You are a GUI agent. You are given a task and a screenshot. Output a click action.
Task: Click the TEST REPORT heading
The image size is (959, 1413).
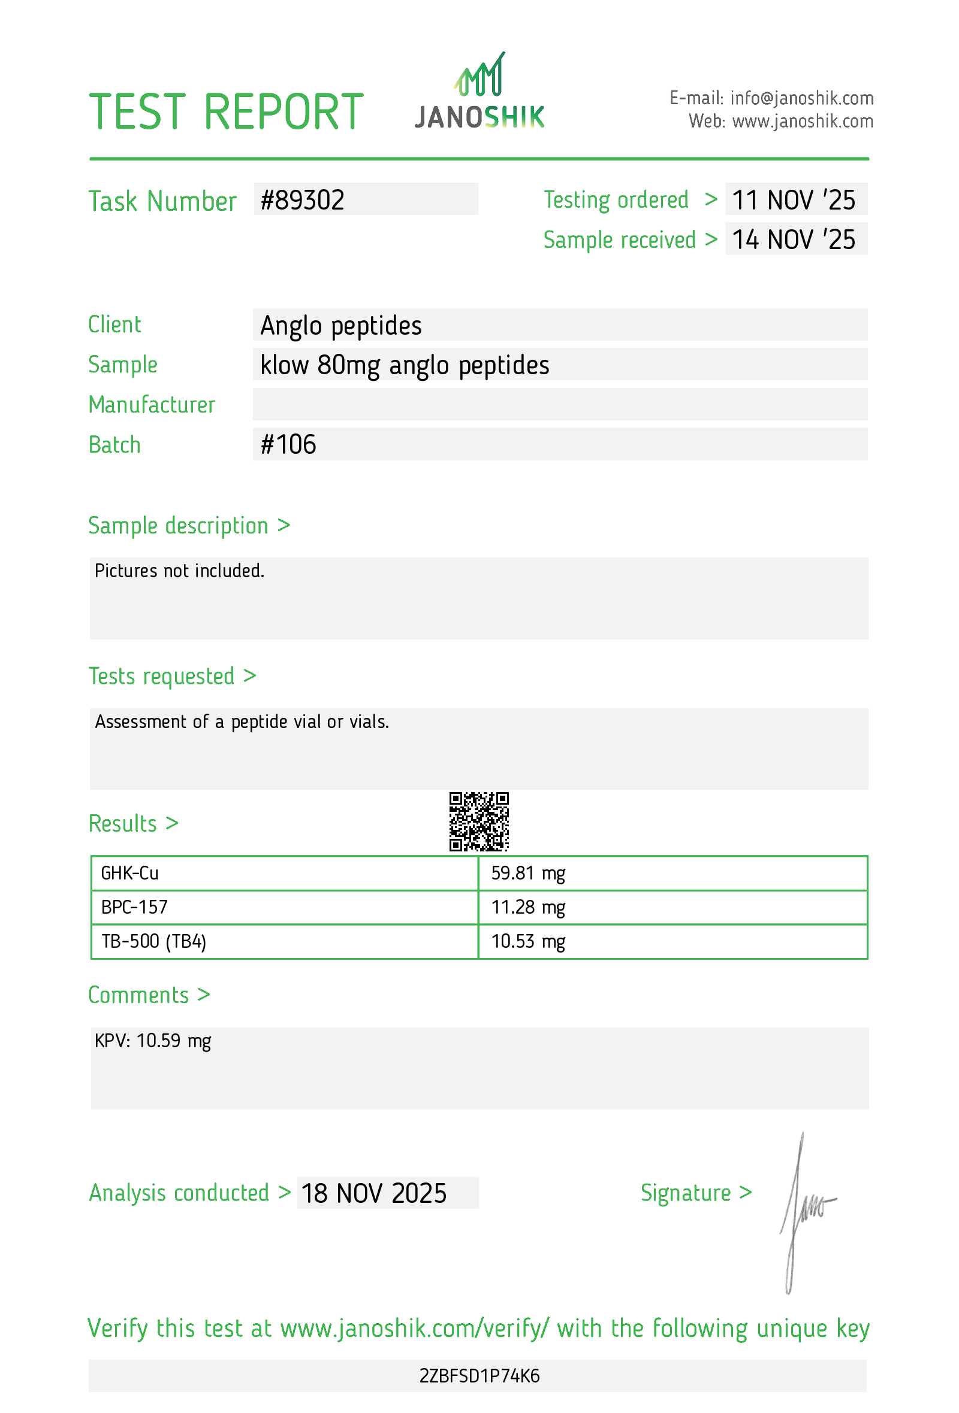pyautogui.click(x=226, y=112)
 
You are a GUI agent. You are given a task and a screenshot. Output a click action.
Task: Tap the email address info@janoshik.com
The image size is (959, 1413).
pyautogui.click(x=801, y=98)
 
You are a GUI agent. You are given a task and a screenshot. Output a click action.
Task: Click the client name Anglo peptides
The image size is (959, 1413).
pyautogui.click(x=341, y=325)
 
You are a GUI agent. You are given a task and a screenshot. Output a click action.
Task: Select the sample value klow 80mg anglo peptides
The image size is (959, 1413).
pyautogui.click(x=405, y=365)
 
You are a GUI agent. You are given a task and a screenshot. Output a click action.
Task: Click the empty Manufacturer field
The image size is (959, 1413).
pyautogui.click(x=560, y=405)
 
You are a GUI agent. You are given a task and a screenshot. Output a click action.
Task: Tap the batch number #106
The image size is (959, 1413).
pyautogui.click(x=288, y=444)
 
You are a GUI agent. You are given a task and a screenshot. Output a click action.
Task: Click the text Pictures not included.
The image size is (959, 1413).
pyautogui.click(x=179, y=571)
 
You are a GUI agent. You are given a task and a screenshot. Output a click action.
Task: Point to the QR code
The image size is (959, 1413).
pyautogui.click(x=479, y=821)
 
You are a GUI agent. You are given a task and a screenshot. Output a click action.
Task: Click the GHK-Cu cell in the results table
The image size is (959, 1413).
pyautogui.click(x=129, y=874)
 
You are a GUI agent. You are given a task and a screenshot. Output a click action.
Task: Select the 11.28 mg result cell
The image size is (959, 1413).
pyautogui.click(x=528, y=907)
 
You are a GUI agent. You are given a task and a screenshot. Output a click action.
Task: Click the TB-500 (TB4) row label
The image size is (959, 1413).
pyautogui.click(x=154, y=941)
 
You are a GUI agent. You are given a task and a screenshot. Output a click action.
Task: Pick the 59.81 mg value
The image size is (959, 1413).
pyautogui.click(x=528, y=874)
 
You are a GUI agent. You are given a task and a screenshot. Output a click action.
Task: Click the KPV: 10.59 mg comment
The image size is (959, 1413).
pyautogui.click(x=153, y=1041)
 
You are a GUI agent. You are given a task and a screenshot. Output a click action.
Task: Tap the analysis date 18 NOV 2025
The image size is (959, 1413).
pyautogui.click(x=373, y=1193)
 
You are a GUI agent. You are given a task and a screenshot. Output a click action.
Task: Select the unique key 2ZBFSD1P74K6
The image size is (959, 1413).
pyautogui.click(x=479, y=1376)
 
